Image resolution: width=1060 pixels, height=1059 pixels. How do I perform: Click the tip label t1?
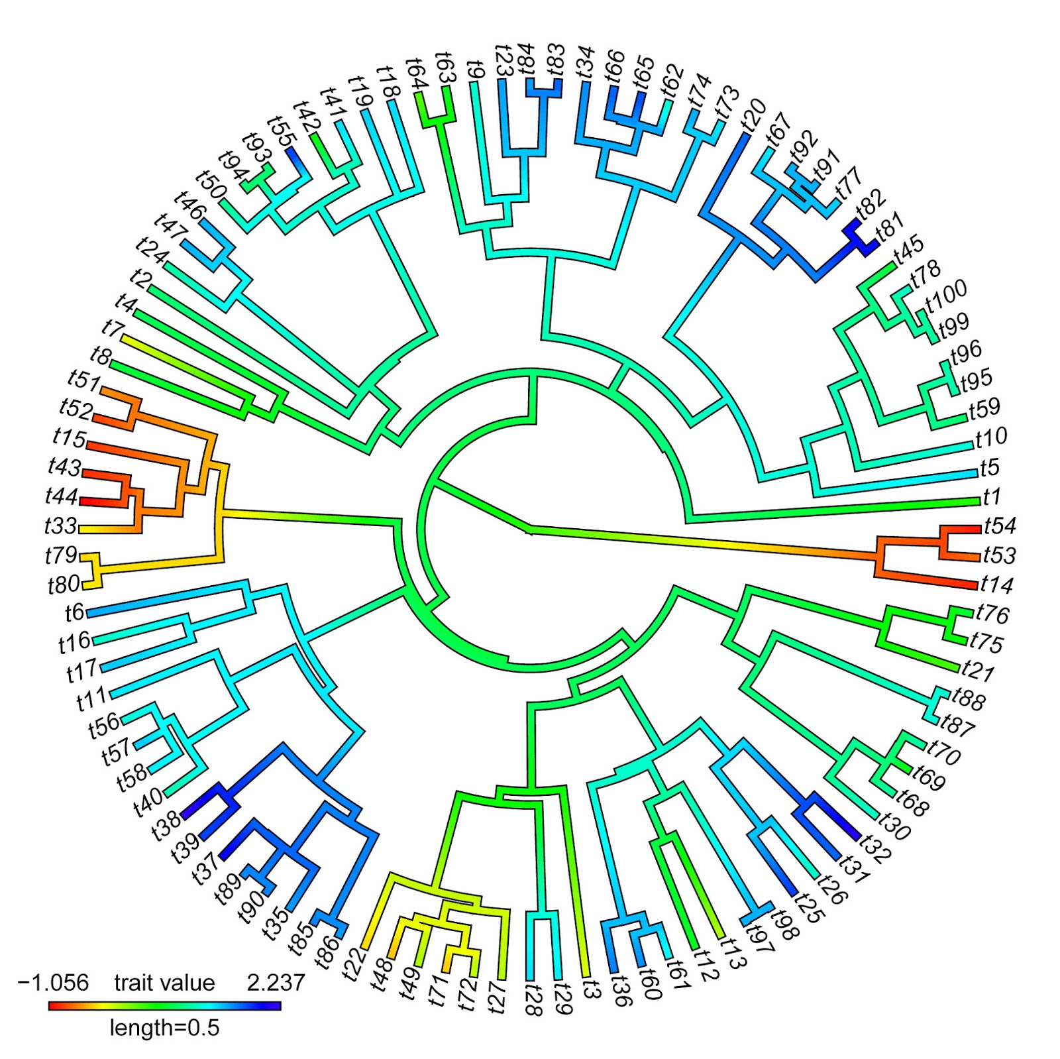(x=992, y=496)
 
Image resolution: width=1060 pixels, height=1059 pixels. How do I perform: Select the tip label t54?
(x=1000, y=526)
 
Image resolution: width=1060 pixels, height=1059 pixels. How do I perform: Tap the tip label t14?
(x=997, y=585)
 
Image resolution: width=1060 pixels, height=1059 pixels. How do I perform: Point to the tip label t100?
(x=947, y=296)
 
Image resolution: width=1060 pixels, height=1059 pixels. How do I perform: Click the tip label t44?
(x=62, y=496)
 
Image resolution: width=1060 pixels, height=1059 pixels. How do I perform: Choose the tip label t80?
(x=64, y=585)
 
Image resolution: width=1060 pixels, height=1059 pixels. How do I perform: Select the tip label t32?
(x=875, y=849)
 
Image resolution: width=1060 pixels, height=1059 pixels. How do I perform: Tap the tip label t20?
(x=753, y=115)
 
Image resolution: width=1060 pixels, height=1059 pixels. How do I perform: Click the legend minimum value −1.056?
(x=53, y=982)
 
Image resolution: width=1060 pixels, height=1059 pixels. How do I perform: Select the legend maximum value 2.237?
(x=276, y=982)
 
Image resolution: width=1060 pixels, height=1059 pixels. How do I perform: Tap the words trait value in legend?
(x=164, y=982)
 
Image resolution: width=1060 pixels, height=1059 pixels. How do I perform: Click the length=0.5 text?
(x=164, y=1028)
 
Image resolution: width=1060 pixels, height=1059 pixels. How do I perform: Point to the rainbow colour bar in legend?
(x=164, y=1006)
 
